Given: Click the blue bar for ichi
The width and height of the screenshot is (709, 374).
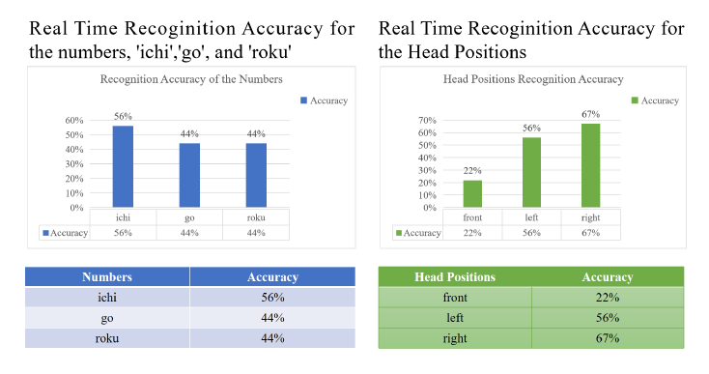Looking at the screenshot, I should (123, 166).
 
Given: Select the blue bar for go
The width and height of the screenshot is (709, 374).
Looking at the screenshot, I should (189, 175).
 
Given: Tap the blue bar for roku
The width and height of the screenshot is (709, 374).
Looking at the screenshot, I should (255, 175).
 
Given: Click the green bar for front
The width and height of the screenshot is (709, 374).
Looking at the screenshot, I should (472, 193).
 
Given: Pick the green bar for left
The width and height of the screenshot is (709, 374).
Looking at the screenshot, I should (531, 172).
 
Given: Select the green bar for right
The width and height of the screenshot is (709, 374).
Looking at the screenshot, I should (590, 165).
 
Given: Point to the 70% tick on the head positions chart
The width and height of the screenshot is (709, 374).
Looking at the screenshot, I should (426, 121).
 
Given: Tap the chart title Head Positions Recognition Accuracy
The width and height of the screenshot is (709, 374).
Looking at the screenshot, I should (533, 79).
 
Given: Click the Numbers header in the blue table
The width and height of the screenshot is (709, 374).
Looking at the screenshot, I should (107, 277).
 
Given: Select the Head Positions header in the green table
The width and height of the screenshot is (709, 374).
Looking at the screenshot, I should (454, 277).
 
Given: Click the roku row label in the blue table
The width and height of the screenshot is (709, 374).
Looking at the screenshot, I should (107, 338).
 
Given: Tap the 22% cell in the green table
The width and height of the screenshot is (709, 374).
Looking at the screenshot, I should (607, 298).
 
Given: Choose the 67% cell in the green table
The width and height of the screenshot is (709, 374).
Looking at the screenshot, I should (607, 338).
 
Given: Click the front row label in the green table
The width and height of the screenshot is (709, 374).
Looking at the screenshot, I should (454, 298).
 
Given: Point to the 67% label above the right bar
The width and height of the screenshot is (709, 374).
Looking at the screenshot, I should (590, 115).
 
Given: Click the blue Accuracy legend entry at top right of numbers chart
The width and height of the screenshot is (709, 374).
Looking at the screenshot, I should (324, 101).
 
